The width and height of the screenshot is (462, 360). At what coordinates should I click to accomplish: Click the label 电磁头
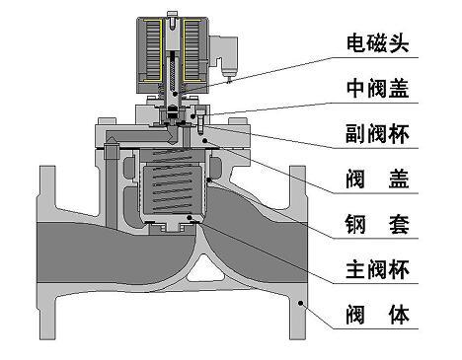380,43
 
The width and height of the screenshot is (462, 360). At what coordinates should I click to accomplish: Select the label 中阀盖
380,89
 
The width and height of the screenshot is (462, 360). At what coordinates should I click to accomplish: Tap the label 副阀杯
380,134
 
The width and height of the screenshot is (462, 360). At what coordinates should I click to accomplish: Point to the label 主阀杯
380,269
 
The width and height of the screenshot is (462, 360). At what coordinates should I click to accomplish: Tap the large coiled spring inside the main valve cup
175,187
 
